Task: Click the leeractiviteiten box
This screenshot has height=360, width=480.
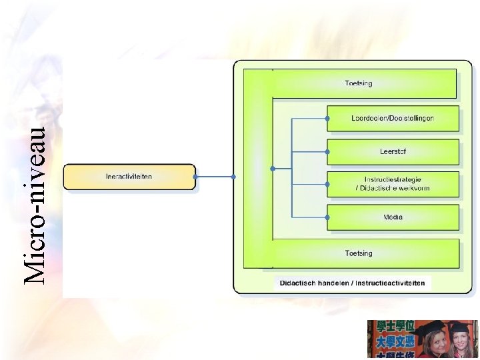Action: [129, 177]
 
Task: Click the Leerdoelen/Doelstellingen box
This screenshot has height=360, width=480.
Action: [393, 119]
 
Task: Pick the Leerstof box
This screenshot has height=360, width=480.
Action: [393, 152]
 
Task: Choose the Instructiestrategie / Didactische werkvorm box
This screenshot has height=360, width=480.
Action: [393, 184]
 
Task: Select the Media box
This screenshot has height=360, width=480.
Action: [393, 217]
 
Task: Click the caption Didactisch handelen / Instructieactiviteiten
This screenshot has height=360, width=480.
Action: [352, 283]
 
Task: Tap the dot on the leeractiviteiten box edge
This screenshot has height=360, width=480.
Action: [195, 177]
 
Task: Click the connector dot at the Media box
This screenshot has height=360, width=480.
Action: [327, 217]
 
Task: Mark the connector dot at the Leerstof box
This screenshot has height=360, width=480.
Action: [327, 152]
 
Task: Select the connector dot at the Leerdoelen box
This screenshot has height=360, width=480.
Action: [327, 119]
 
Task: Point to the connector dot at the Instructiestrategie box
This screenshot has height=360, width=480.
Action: [327, 185]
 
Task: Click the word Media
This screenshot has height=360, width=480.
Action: [393, 217]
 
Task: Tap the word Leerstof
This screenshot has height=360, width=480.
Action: [393, 152]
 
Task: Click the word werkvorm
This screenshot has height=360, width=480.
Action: [414, 189]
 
